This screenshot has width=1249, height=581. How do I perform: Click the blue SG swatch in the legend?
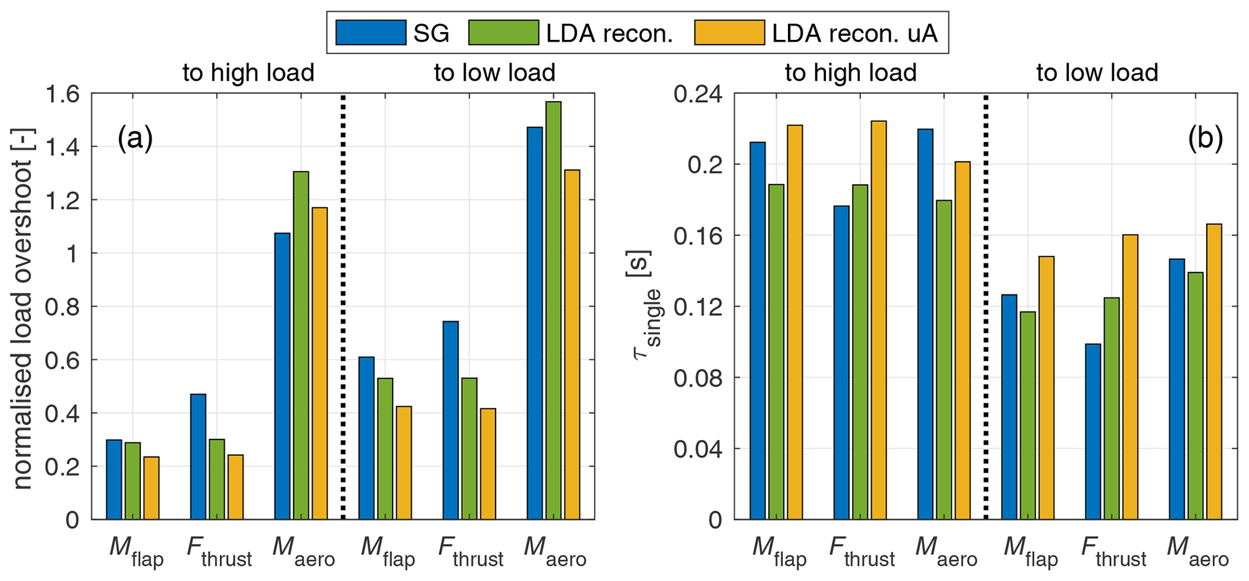(370, 33)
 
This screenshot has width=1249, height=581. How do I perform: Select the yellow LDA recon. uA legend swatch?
(729, 33)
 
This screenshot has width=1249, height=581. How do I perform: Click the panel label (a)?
(135, 139)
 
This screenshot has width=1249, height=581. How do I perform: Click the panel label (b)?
(1205, 139)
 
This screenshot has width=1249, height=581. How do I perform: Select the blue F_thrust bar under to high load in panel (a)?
(198, 456)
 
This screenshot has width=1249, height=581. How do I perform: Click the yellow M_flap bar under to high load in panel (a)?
(151, 488)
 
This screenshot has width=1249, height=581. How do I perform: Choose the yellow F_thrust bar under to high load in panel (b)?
(878, 320)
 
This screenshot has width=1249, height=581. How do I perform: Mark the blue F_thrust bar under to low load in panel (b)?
(1093, 431)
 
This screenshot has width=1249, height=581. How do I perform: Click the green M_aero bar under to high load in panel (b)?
(944, 360)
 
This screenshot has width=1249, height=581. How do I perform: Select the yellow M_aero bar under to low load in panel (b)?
(1214, 371)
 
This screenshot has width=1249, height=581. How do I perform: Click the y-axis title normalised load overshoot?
(23, 308)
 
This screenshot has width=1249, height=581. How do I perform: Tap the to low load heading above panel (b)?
(1097, 73)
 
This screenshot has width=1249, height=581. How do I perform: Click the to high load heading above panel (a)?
(248, 73)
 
